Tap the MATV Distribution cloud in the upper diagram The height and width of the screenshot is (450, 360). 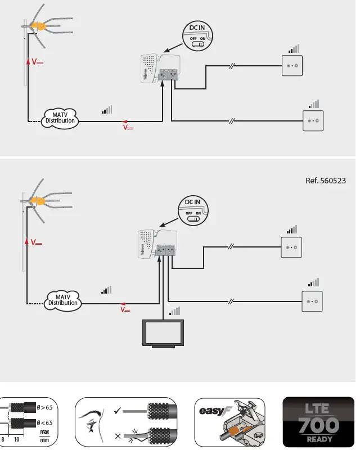pos(60,118)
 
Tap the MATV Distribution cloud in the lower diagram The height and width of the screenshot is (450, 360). pos(62,300)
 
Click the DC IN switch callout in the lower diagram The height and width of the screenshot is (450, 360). pos(192,210)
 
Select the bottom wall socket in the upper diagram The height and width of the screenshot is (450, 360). pos(313,121)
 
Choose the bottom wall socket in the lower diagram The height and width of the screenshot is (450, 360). pos(312,301)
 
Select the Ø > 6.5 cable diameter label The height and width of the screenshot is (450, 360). pos(45,407)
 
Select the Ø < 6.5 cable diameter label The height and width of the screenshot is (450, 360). pos(45,422)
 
